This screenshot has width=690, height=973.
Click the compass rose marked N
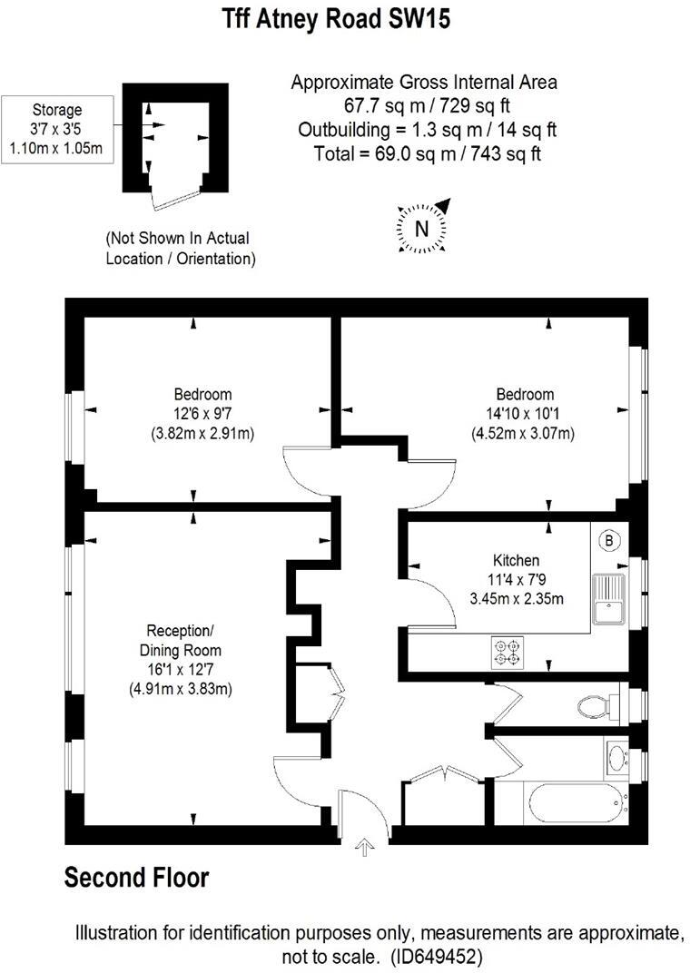(421, 228)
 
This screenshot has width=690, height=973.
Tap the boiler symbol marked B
(609, 542)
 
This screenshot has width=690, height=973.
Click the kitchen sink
(606, 600)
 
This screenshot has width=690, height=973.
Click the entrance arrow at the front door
(364, 848)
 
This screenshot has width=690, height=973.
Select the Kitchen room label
(516, 560)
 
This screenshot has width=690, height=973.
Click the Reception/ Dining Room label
(180, 640)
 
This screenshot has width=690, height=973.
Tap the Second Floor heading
(136, 878)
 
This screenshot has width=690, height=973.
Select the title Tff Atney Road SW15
(336, 19)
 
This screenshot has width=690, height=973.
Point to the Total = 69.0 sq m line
(427, 153)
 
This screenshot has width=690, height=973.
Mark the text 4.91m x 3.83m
(180, 689)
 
